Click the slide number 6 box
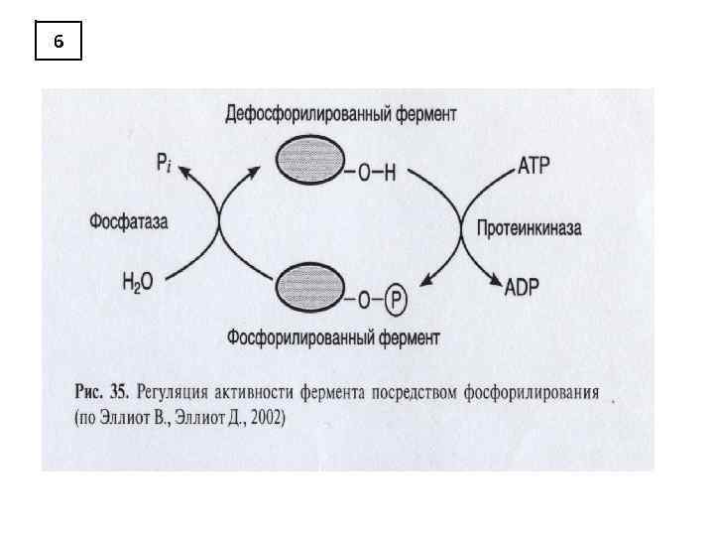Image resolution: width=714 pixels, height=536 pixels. coord(59,42)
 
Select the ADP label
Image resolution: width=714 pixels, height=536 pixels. coord(522,288)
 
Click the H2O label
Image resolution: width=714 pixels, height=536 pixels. coord(138,282)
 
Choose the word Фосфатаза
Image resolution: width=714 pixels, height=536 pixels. coord(129,221)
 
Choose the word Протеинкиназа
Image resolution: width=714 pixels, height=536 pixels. coord(529,228)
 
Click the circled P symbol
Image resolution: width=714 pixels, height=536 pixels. coord(395,297)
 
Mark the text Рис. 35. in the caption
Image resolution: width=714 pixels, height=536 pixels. coord(103,392)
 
